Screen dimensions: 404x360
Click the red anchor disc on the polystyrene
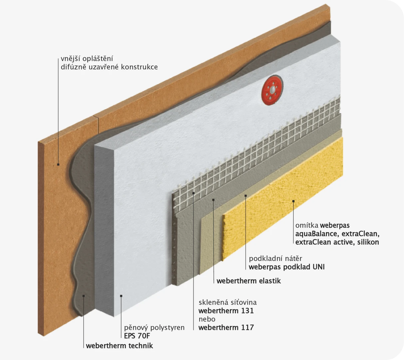pyautogui.click(x=272, y=90)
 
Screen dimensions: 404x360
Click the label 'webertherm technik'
pyautogui.click(x=120, y=346)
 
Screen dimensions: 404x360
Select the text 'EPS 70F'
pyautogui.click(x=137, y=336)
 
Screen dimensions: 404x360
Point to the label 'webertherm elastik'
pyautogui.click(x=249, y=281)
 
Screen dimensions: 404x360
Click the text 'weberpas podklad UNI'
pyautogui.click(x=287, y=267)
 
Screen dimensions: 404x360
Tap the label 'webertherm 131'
pyautogui.click(x=226, y=311)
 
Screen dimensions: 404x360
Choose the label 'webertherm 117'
pyautogui.click(x=226, y=327)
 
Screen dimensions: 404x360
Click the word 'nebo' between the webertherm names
pyautogui.click(x=207, y=319)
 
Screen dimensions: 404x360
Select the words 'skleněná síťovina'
pyautogui.click(x=227, y=302)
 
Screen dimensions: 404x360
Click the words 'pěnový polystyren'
pyautogui.click(x=154, y=328)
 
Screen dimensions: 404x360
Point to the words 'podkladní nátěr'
pyautogui.click(x=275, y=259)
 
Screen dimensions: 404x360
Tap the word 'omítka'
pyautogui.click(x=307, y=225)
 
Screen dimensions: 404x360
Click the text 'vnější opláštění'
pyautogui.click(x=87, y=59)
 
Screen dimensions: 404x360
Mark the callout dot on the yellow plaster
pyautogui.click(x=293, y=201)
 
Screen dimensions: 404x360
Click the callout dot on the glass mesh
pyautogui.click(x=194, y=193)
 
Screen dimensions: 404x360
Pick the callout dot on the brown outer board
pyautogui.click(x=58, y=164)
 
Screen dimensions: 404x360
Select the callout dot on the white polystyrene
pyautogui.click(x=121, y=296)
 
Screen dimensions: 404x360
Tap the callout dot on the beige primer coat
pyautogui.click(x=246, y=196)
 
